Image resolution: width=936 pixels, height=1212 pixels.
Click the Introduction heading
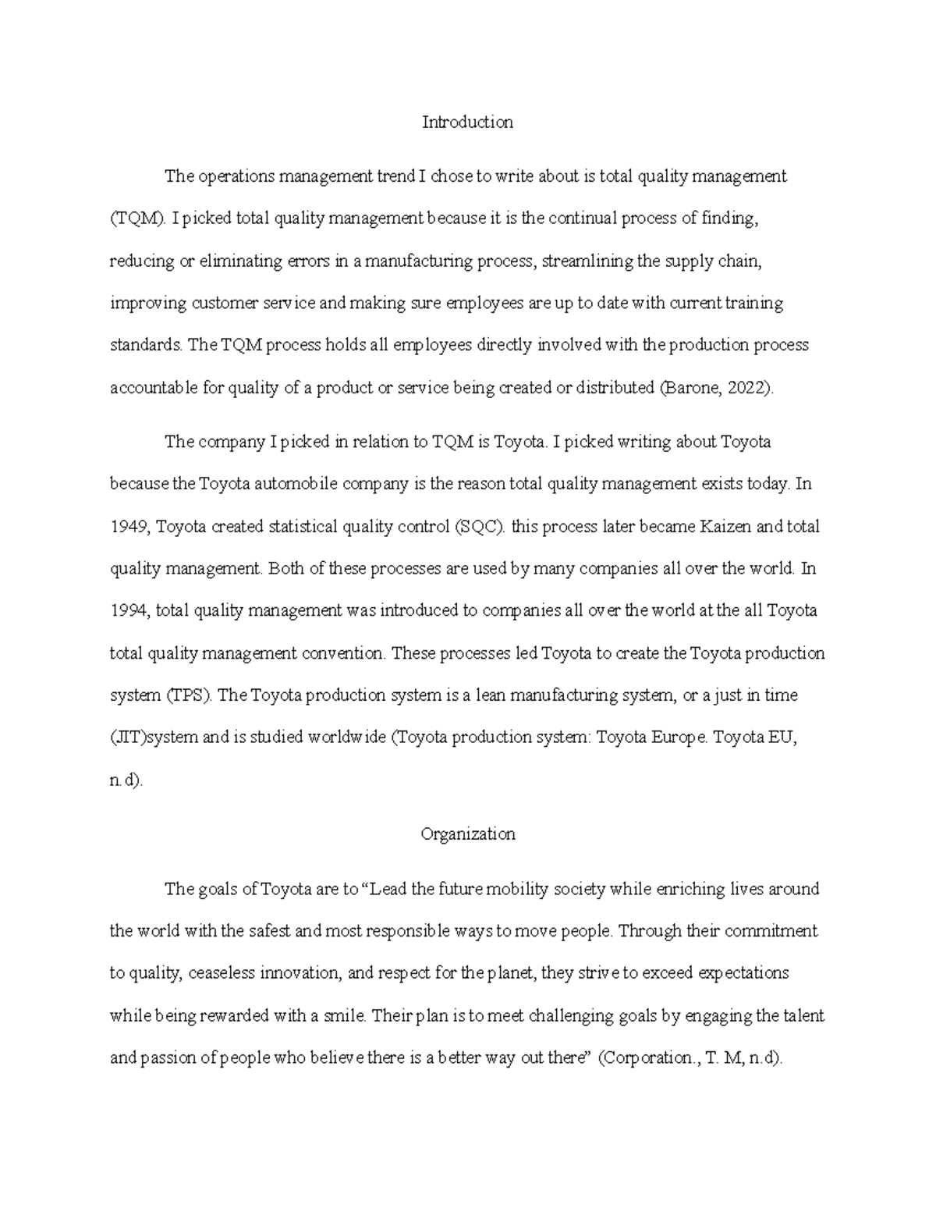pyautogui.click(x=467, y=123)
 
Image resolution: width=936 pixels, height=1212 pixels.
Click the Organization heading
pyautogui.click(x=468, y=834)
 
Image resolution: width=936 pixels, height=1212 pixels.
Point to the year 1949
pyautogui.click(x=129, y=527)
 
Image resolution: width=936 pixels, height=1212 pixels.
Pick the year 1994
pyautogui.click(x=129, y=611)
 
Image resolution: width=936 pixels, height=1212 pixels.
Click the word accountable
pyautogui.click(x=154, y=388)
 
